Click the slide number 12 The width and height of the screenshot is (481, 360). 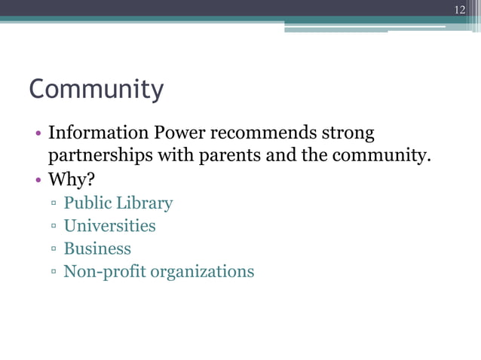click(460, 9)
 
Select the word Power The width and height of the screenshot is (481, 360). click(179, 135)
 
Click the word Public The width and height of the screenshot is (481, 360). click(87, 203)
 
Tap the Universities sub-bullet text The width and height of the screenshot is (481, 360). click(109, 226)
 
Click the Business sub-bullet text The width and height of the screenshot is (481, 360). click(97, 249)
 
